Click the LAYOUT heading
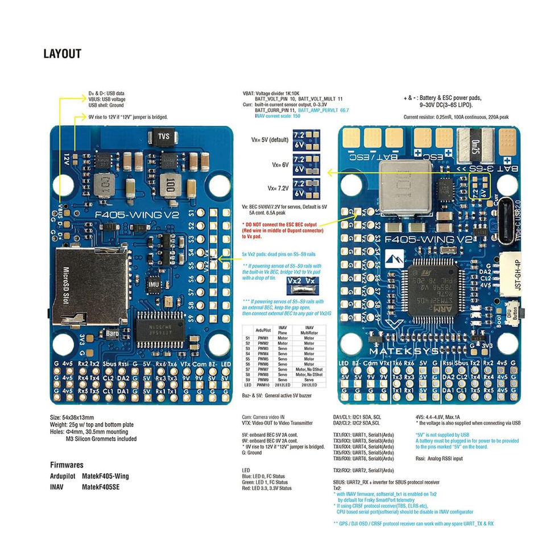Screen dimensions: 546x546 pyautogui.click(x=62, y=55)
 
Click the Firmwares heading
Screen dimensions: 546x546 pyautogui.click(x=67, y=464)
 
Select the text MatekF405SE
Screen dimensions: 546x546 pyautogui.click(x=102, y=486)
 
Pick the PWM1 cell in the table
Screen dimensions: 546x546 pyautogui.click(x=263, y=338)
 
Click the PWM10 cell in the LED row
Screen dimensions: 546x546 pyautogui.click(x=263, y=385)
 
